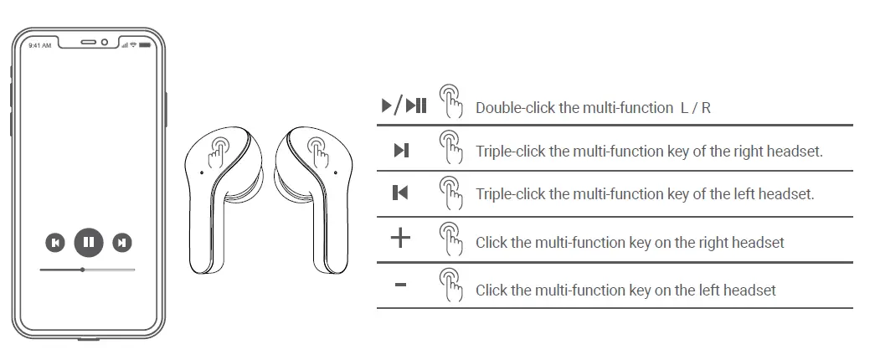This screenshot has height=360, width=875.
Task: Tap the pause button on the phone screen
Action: (x=89, y=243)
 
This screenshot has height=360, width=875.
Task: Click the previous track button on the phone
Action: (x=54, y=243)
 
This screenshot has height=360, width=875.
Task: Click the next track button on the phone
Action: (x=122, y=243)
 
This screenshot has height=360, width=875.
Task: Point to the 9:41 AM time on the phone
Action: (x=39, y=45)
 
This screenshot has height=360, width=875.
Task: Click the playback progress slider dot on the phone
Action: (x=82, y=270)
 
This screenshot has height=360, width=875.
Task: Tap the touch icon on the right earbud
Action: (x=318, y=149)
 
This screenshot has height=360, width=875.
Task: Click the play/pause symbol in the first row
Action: (x=404, y=105)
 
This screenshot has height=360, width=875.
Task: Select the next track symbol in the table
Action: (x=401, y=151)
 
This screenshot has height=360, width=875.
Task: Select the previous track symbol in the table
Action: (x=400, y=193)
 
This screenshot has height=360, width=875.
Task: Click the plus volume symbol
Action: (x=401, y=239)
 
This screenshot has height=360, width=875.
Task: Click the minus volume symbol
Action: (x=400, y=286)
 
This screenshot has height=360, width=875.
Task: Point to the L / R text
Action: (x=695, y=108)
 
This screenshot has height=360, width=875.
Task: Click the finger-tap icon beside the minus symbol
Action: (x=450, y=285)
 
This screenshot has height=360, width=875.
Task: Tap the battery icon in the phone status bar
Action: (x=143, y=45)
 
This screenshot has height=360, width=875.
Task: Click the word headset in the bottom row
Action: (x=748, y=291)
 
